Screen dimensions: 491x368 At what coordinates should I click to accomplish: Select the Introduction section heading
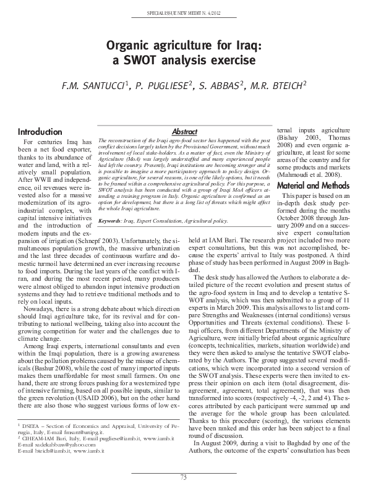pyautogui.click(x=40, y=132)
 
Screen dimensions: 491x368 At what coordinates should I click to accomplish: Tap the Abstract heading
pyautogui.click(x=184, y=132)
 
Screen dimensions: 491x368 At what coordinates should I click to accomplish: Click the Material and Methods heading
pyautogui.click(x=313, y=186)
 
